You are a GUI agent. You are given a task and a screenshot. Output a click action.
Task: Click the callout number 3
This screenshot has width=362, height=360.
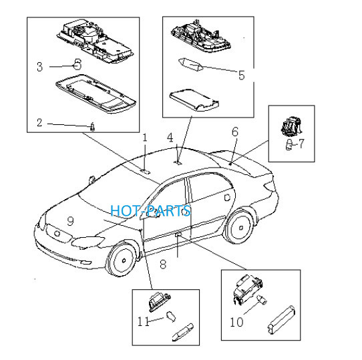pos(39,67)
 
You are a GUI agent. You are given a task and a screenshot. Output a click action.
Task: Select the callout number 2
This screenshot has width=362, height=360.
pos(39,122)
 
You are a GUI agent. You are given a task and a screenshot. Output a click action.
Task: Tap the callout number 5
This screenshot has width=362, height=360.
pos(242,75)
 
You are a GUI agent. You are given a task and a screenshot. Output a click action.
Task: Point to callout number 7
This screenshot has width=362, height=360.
pos(301,144)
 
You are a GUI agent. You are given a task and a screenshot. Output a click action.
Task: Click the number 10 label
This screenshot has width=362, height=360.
pos(236,322)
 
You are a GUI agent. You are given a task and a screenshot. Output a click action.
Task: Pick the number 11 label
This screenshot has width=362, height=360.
pos(143,321)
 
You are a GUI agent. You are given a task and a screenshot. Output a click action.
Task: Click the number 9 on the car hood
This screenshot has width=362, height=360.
pos(70,221)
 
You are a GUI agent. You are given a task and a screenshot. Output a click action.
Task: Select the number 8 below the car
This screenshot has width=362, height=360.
pos(163,264)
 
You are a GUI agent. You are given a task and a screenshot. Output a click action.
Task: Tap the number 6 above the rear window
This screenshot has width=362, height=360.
pos(235,132)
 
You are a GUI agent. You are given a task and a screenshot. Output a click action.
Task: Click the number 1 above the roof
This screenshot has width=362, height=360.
pos(145,138)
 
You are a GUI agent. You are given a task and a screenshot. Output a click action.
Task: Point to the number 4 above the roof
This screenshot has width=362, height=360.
pos(170,138)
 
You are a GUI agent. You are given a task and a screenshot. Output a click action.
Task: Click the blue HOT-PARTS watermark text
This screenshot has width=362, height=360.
pos(150,210)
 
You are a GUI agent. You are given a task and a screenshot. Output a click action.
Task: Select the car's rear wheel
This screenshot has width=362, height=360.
pos(240,227)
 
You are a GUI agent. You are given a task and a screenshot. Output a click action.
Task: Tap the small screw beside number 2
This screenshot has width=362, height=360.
pos(93,126)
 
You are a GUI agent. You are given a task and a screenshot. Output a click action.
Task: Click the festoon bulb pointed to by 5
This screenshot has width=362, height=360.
pos(191,65)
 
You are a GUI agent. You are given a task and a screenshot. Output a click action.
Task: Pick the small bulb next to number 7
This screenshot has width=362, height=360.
pos(289,145)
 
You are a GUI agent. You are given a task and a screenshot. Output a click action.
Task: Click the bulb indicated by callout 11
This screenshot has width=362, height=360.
pos(171,317)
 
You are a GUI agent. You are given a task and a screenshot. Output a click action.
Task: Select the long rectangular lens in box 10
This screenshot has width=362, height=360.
pos(282,319)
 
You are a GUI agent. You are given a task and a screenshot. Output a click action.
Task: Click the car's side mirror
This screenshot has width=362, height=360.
pos(92,180)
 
